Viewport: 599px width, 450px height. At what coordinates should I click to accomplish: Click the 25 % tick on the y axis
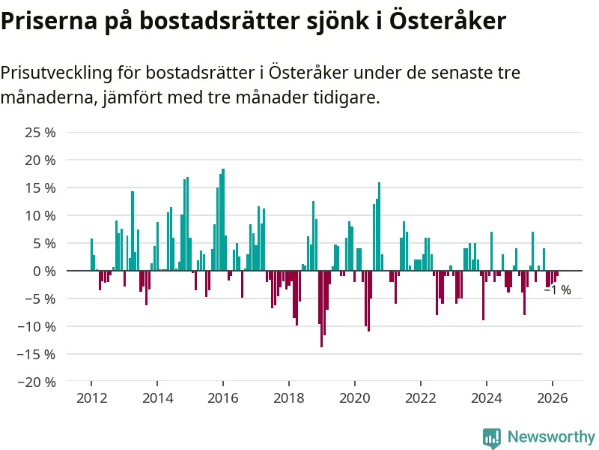[40, 133]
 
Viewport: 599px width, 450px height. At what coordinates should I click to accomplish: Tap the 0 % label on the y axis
[44, 271]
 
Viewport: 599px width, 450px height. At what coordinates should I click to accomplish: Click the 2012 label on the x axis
[91, 398]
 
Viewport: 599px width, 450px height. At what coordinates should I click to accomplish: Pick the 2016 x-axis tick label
[222, 398]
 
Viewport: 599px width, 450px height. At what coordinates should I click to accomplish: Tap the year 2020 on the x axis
[354, 398]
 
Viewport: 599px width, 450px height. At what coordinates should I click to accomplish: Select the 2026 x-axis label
[552, 398]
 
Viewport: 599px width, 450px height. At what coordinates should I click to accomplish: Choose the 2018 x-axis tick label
[288, 398]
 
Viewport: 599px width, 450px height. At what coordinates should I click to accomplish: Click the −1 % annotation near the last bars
[557, 290]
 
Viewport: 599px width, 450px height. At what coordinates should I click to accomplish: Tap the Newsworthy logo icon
[492, 436]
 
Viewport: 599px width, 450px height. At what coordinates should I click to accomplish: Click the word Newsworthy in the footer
[551, 436]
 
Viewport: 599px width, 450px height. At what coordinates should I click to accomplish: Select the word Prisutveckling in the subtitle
[57, 73]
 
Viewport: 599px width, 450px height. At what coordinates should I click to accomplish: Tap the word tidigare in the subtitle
[344, 97]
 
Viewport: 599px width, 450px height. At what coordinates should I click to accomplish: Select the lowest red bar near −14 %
[322, 308]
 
